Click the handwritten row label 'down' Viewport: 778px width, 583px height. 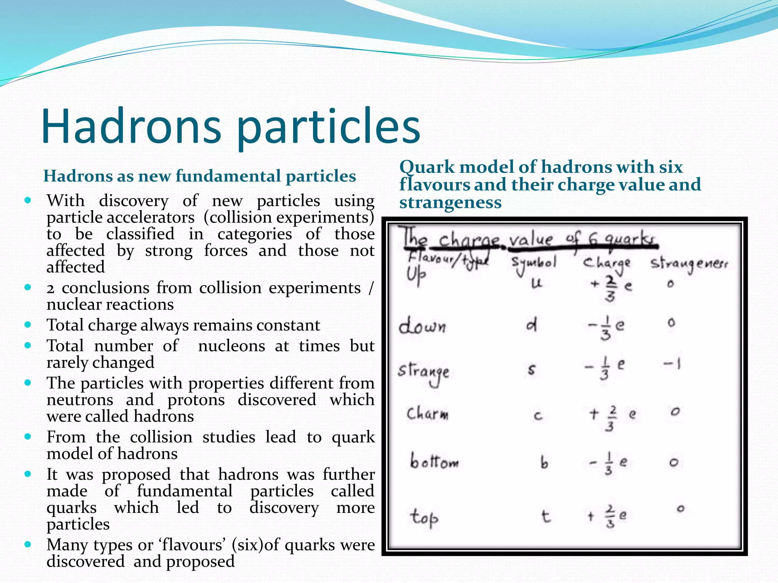pyautogui.click(x=422, y=326)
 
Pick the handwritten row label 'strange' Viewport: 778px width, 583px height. pyautogui.click(x=424, y=372)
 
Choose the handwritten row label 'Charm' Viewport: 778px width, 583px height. pyautogui.click(x=427, y=413)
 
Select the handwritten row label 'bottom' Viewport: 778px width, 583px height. pyautogui.click(x=434, y=462)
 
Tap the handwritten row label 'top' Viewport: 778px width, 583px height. pyautogui.click(x=424, y=517)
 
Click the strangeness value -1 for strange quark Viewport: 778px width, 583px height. pyautogui.click(x=672, y=364)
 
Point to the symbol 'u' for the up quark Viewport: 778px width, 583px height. pyautogui.click(x=536, y=283)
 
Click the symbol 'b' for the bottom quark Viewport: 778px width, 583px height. pyautogui.click(x=544, y=463)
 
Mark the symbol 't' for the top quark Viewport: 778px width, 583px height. pyautogui.click(x=546, y=516)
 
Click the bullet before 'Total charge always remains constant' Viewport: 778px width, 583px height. pyautogui.click(x=27, y=325)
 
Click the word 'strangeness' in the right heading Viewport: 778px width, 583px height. pyautogui.click(x=451, y=203)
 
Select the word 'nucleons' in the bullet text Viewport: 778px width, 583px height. pyautogui.click(x=231, y=346)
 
